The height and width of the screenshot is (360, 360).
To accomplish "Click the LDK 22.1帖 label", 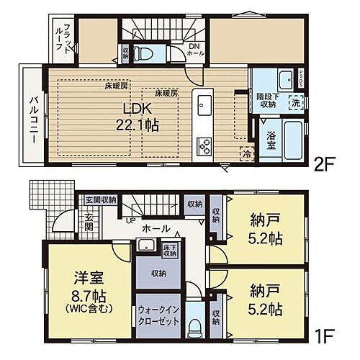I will point(140,116).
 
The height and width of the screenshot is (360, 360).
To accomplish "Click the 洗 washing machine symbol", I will point(295,102).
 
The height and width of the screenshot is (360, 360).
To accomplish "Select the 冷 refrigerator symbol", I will point(246,153).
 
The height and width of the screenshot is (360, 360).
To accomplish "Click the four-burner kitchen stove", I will point(204,147).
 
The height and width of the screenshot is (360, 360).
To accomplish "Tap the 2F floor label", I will point(325,162).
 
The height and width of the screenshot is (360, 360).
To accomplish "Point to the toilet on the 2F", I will point(144,53).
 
